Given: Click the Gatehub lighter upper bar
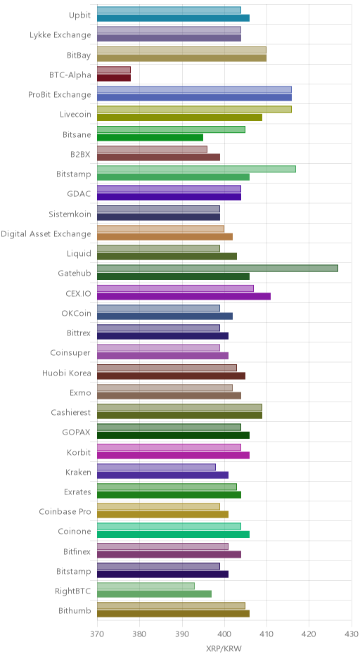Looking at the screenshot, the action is click(217, 268).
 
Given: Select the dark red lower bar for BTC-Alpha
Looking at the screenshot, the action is click(114, 78).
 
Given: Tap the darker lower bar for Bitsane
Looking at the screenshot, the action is click(150, 137).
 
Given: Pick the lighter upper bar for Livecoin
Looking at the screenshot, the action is click(194, 110).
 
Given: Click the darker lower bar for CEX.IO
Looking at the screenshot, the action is click(184, 296).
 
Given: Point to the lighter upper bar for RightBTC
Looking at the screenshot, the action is click(146, 586).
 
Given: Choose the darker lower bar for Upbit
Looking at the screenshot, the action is click(173, 18).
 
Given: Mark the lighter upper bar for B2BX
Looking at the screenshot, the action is click(152, 149).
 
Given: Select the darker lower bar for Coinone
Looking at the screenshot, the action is click(173, 534).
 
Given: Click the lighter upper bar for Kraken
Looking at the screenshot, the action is click(156, 467).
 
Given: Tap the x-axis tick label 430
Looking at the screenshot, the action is click(352, 634).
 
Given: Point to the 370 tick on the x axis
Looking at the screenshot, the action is click(97, 634).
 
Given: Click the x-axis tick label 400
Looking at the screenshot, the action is click(224, 634).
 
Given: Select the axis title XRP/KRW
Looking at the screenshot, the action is click(224, 649).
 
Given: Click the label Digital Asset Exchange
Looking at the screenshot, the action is click(46, 234).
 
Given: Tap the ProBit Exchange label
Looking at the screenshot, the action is click(60, 94).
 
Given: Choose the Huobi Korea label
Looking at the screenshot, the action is click(67, 373).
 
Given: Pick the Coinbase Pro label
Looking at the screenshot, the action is click(65, 511).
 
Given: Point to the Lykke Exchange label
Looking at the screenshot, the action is click(60, 35).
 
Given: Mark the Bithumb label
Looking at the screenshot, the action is click(75, 610).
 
